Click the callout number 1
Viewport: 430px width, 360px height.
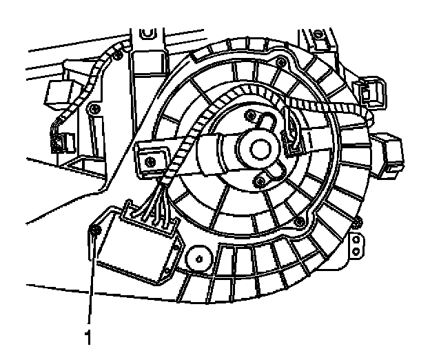(x=87, y=339)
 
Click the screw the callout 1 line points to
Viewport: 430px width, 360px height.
(x=96, y=229)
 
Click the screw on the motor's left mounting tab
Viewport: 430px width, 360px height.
(x=147, y=156)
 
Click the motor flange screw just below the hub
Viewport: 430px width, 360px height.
(x=259, y=181)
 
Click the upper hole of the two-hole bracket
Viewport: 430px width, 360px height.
(x=356, y=240)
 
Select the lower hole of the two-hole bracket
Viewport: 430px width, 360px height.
(x=356, y=252)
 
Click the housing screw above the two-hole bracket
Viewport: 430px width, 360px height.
(x=358, y=221)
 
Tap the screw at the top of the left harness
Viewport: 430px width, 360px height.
(x=117, y=50)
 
